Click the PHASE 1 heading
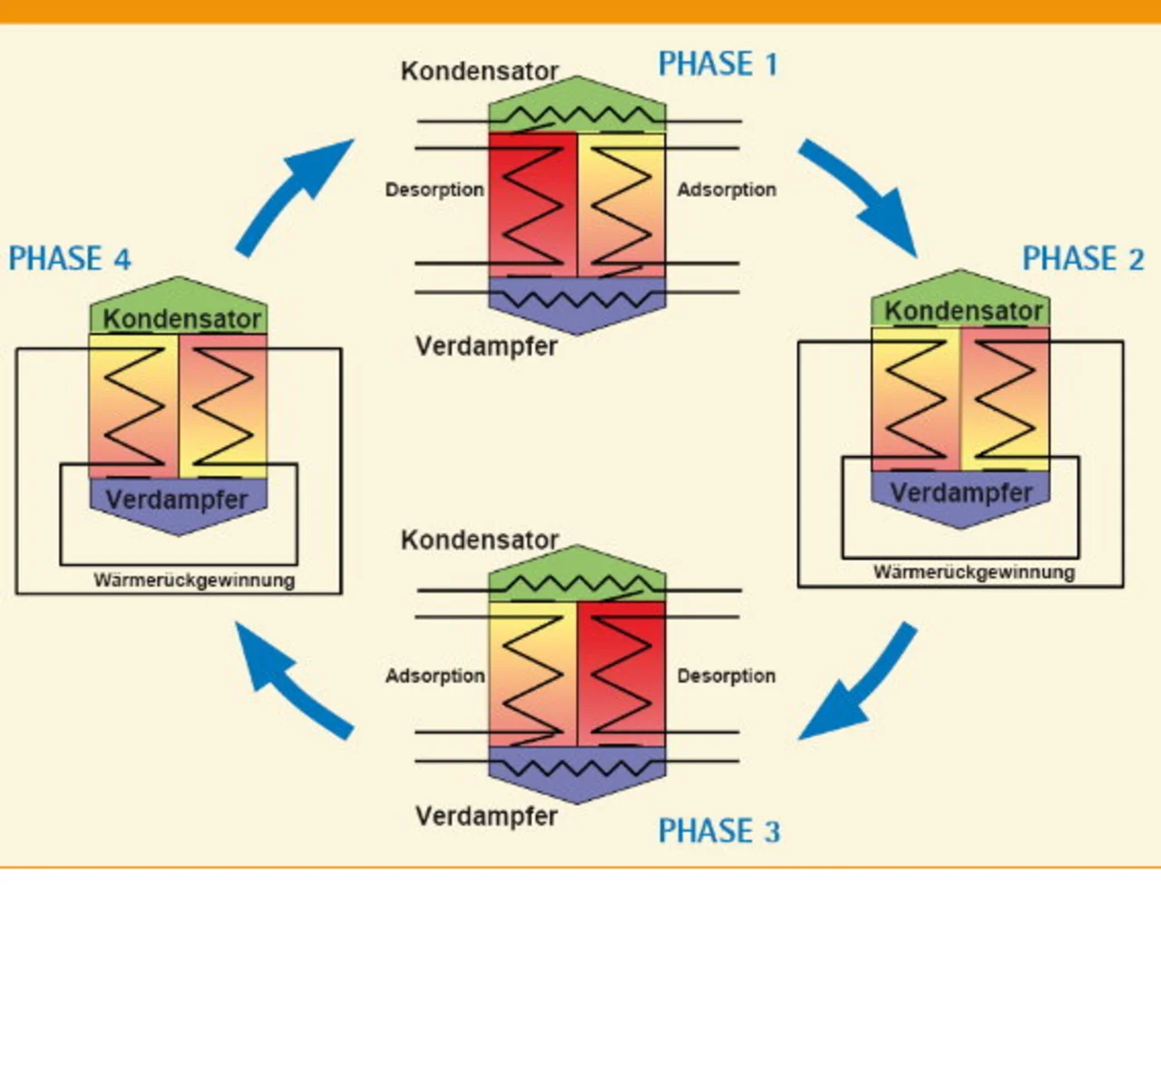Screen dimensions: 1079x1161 [717, 64]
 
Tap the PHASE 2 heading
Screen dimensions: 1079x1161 [1083, 258]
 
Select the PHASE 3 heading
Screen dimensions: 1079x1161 [718, 831]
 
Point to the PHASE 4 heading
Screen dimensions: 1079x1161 [70, 258]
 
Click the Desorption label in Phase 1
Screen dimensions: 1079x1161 [434, 190]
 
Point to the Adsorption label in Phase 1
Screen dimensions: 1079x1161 [727, 190]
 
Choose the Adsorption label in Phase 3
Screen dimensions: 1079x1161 [434, 676]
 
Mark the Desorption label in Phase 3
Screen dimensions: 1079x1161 [727, 676]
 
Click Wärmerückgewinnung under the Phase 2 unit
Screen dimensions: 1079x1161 [974, 572]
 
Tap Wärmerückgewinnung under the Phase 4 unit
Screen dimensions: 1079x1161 [194, 580]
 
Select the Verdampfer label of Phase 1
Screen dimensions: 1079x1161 [486, 345]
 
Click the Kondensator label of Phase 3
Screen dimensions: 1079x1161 [480, 539]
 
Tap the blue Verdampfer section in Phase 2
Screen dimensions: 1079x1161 [960, 497]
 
